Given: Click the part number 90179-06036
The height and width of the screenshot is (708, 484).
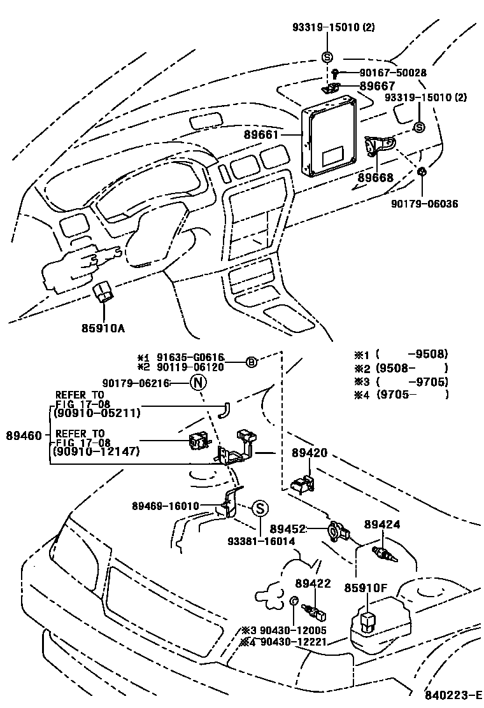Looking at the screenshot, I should (x=425, y=204).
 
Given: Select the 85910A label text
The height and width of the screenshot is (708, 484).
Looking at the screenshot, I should (x=103, y=329).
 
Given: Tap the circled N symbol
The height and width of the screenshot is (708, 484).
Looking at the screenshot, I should (x=198, y=383).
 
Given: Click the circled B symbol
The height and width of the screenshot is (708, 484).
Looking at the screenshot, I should (x=252, y=362).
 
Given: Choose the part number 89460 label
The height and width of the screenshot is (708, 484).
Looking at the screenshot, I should (x=24, y=436).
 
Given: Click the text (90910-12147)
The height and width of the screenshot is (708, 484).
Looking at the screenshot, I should (x=96, y=452).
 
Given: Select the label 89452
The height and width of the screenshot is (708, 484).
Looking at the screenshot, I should (x=288, y=528).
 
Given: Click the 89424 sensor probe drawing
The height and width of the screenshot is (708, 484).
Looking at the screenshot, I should (x=383, y=551).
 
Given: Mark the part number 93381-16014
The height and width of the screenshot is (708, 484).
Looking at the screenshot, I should (x=262, y=541).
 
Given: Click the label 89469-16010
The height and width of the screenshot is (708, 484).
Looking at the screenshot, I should (x=166, y=506).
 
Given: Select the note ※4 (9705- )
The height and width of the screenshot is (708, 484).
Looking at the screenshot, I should (x=401, y=395).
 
